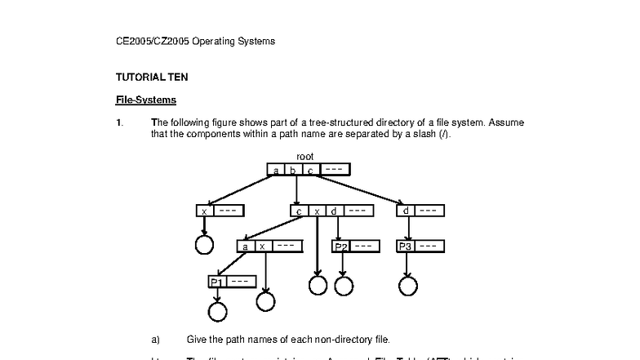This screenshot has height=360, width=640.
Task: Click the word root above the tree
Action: (x=304, y=156)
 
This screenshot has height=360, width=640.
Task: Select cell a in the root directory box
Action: (x=276, y=170)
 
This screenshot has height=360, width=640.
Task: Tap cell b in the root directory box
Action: (x=292, y=170)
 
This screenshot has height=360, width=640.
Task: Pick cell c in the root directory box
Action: (x=309, y=170)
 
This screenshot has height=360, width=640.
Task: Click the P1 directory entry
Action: (x=216, y=282)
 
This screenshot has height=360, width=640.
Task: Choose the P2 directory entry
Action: (x=340, y=246)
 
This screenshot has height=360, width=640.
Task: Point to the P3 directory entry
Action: (x=406, y=246)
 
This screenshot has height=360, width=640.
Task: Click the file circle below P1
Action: (x=217, y=312)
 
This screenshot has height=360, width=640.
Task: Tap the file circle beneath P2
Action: (x=344, y=285)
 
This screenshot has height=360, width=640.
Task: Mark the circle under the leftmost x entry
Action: (x=204, y=244)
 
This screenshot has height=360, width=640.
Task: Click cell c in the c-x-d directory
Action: (x=299, y=211)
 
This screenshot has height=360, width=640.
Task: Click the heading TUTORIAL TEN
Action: (x=152, y=78)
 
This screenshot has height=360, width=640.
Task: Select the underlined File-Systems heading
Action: (x=146, y=100)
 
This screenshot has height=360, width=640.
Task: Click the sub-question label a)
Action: (x=156, y=339)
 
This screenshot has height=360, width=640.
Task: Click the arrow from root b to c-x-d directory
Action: (x=296, y=189)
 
